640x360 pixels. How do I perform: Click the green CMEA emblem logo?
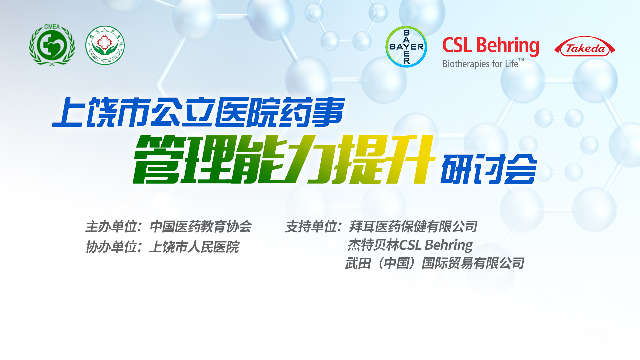[52, 45]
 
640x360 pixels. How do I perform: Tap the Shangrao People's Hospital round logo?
[105, 45]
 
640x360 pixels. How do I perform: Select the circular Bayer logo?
[406, 47]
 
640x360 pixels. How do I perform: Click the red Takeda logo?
[585, 47]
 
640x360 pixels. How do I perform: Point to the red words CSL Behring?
[491, 46]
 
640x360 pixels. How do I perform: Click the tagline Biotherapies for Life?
[480, 64]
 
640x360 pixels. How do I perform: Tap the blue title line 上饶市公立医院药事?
[198, 112]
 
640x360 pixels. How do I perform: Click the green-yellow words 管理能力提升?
[284, 159]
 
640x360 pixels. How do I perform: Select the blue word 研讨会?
[489, 169]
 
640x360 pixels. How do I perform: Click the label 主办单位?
[111, 227]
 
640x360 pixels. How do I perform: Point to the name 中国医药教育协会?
[201, 227]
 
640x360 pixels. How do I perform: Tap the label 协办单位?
[111, 247]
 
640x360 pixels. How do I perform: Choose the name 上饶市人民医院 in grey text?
[194, 247]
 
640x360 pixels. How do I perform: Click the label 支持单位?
[311, 227]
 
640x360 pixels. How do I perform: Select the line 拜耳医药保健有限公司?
[413, 227]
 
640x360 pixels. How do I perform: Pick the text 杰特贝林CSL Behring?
[410, 245]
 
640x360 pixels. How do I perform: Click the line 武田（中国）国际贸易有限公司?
[435, 263]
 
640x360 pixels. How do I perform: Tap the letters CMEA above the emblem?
[52, 27]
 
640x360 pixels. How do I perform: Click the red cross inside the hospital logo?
[104, 43]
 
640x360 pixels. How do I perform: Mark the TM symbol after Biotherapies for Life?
[521, 60]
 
